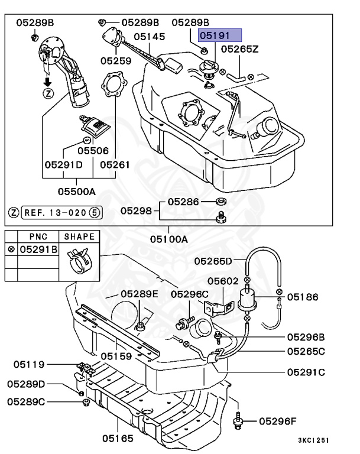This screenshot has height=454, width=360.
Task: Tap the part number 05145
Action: click(x=149, y=37)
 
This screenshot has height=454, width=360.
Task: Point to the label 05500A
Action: click(x=76, y=191)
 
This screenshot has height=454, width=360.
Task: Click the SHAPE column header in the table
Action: click(x=79, y=235)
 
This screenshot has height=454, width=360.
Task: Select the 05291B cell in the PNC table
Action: click(x=38, y=249)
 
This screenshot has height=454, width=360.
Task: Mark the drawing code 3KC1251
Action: click(x=313, y=440)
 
